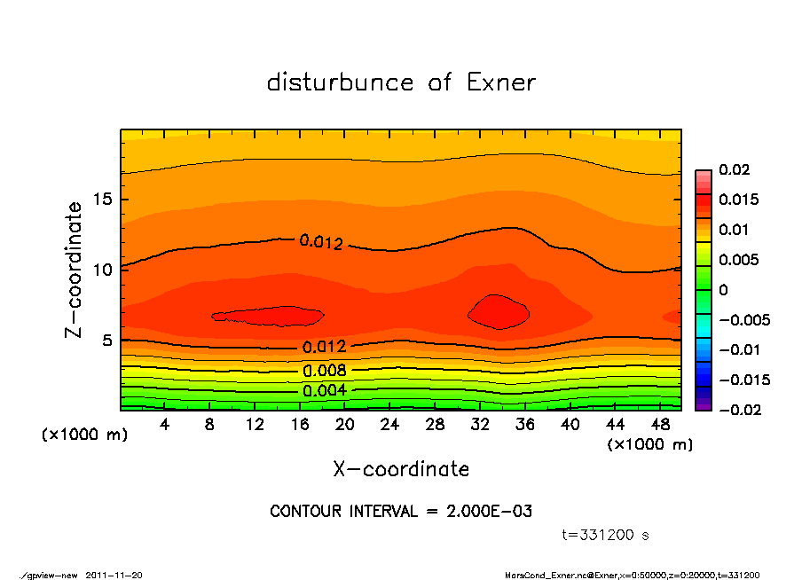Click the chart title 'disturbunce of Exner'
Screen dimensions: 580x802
tap(401, 82)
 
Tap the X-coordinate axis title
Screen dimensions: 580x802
tap(401, 469)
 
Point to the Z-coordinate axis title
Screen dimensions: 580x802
tap(75, 270)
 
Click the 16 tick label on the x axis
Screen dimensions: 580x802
tap(300, 426)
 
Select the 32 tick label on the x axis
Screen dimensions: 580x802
tap(480, 426)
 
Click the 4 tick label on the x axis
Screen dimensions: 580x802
tap(165, 426)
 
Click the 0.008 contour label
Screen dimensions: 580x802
tap(324, 371)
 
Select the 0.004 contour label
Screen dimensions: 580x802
tap(324, 390)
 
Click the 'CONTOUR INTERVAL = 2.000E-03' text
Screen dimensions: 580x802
tap(401, 512)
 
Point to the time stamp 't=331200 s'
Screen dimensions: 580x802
tap(606, 535)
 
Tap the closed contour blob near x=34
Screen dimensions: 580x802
tap(499, 311)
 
